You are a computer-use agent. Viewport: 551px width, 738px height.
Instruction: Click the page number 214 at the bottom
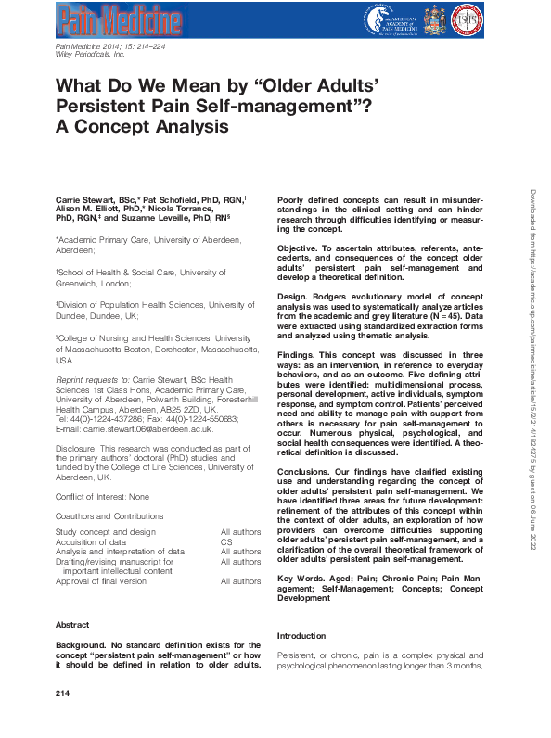(x=63, y=693)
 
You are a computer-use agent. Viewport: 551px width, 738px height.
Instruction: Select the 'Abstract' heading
(x=72, y=625)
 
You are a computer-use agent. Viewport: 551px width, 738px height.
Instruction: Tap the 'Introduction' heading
(x=301, y=636)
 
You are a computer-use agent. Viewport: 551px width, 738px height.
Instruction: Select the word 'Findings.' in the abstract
(x=298, y=354)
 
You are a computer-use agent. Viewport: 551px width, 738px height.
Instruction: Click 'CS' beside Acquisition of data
(x=226, y=541)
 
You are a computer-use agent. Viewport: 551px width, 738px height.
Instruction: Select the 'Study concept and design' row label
(x=106, y=532)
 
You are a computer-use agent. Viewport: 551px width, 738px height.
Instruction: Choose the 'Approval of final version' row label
(x=101, y=581)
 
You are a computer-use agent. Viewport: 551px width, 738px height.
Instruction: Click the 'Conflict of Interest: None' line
(x=103, y=497)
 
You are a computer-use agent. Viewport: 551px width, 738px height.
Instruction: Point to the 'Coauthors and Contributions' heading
(x=109, y=516)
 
